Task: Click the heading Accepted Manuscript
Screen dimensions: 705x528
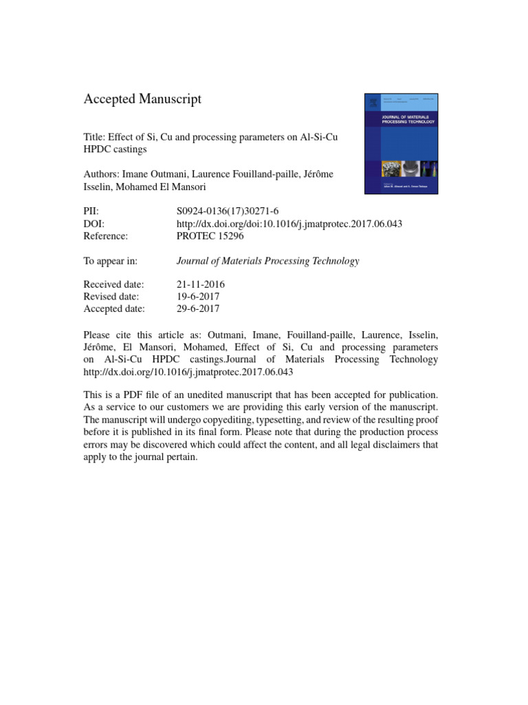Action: click(x=142, y=99)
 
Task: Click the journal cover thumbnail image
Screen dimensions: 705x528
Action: click(x=400, y=143)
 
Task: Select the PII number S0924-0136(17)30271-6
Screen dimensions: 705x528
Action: click(x=223, y=211)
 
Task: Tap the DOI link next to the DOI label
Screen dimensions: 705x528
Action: click(x=289, y=224)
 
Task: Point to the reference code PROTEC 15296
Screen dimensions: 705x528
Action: click(x=210, y=236)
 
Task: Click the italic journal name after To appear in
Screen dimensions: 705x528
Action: click(x=267, y=261)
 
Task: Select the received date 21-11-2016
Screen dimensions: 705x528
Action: click(x=201, y=284)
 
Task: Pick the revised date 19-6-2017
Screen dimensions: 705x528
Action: click(x=198, y=297)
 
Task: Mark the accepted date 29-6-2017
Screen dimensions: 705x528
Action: click(x=198, y=309)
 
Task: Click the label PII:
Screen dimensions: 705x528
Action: click(x=92, y=211)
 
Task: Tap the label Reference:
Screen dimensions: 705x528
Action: click(x=107, y=236)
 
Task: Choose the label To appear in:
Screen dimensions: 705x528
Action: click(x=111, y=261)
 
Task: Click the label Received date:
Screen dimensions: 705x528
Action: click(x=114, y=284)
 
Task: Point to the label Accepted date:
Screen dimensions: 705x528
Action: click(x=114, y=309)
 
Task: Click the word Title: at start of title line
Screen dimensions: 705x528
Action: click(x=96, y=136)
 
